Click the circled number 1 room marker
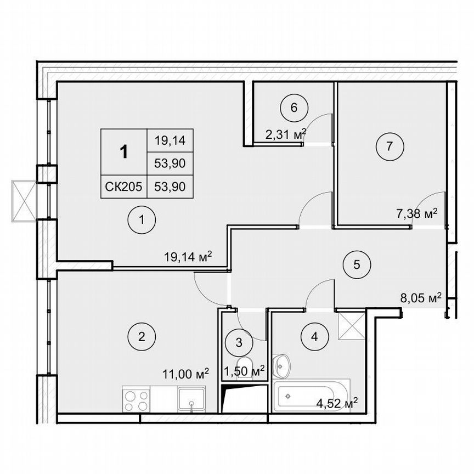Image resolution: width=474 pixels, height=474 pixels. pyautogui.click(x=141, y=221)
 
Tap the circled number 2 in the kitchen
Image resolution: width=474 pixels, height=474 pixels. pyautogui.click(x=141, y=336)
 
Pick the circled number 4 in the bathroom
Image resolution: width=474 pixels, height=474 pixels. pyautogui.click(x=314, y=336)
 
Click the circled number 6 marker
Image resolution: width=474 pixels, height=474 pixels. pyautogui.click(x=294, y=108)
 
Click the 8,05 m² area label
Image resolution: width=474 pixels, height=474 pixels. pyautogui.click(x=421, y=298)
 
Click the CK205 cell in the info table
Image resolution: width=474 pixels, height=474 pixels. pyautogui.click(x=123, y=187)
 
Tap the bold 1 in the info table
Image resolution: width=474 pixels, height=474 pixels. pyautogui.click(x=124, y=152)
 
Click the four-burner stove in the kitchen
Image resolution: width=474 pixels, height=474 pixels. pyautogui.click(x=136, y=399)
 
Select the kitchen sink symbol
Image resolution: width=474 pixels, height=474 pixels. pyautogui.click(x=191, y=399)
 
